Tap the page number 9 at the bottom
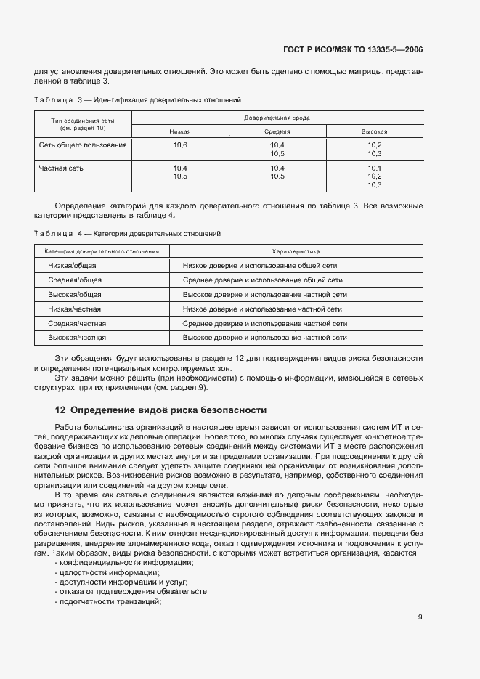(420, 617)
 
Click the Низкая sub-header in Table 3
(180, 131)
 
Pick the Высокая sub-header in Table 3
(374, 131)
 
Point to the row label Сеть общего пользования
(83, 145)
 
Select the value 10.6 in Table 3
(180, 145)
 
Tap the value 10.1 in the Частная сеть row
(375, 168)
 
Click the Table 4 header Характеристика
(296, 251)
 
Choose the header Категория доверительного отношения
(102, 251)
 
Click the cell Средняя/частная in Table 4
(77, 323)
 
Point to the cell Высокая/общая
(75, 295)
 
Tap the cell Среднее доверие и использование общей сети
(263, 280)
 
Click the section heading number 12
(60, 410)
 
